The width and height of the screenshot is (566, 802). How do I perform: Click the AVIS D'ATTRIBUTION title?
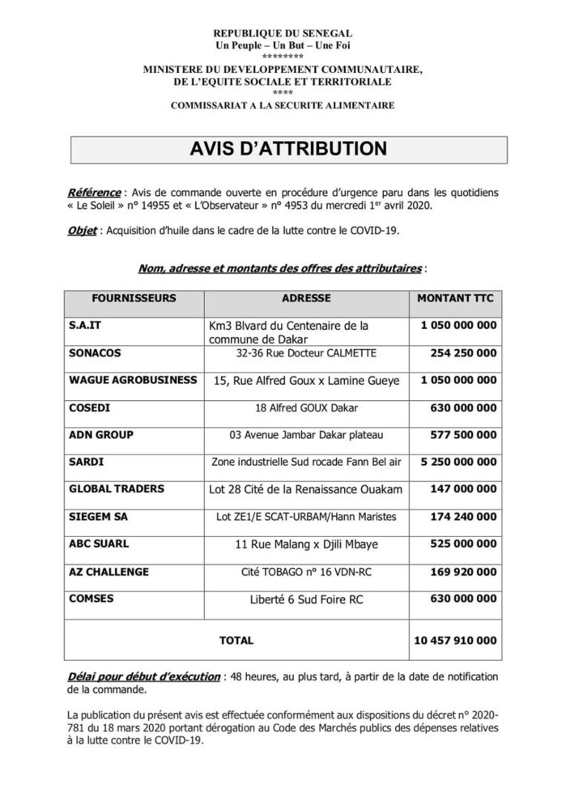pos(288,150)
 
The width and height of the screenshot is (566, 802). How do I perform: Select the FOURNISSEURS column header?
pos(134,298)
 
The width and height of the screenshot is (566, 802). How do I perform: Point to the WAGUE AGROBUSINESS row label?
pos(133,380)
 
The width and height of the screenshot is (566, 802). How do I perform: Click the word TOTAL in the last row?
pos(236,640)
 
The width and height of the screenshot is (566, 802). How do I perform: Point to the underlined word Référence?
pos(94,193)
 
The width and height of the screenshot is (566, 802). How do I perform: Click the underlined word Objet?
pos(82,231)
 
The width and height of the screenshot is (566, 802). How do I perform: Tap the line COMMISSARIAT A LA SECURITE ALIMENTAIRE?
pos(283,105)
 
